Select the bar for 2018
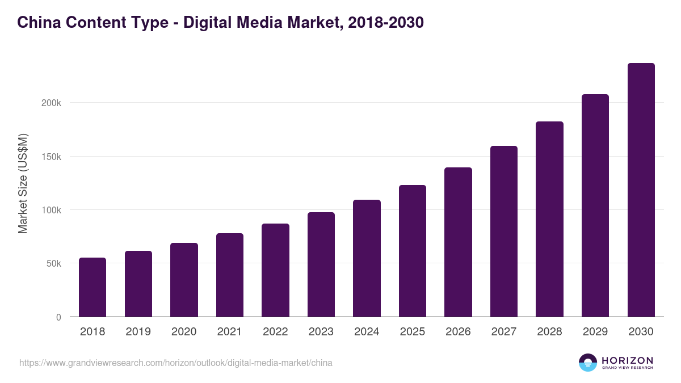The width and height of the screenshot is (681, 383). [93, 287]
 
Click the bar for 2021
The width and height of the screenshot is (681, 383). [230, 275]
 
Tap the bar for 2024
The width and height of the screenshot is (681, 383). [367, 258]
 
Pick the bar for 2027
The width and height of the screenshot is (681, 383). [504, 232]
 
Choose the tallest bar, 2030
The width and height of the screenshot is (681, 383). [641, 190]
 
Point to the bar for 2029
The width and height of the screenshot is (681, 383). [595, 205]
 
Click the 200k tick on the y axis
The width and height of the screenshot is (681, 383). [51, 103]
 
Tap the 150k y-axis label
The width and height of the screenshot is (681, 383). [51, 157]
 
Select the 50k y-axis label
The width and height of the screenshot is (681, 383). [53, 264]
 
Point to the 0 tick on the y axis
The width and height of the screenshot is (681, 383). [58, 317]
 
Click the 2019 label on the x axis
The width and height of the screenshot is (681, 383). [138, 332]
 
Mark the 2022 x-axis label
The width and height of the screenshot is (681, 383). [275, 332]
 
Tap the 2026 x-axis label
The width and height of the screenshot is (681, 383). [458, 332]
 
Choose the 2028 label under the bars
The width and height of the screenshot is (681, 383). [549, 332]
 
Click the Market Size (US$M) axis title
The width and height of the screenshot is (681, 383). [23, 183]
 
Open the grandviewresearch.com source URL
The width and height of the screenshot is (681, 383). [176, 363]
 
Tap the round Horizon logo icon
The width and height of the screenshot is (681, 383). [588, 363]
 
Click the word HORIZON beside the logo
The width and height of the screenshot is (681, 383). [627, 360]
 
